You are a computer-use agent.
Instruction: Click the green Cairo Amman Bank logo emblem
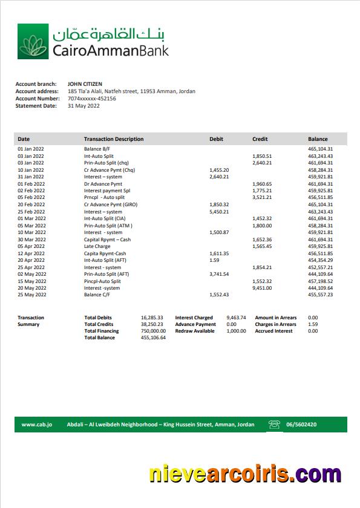click(33, 42)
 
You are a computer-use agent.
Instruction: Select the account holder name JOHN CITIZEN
click(85, 84)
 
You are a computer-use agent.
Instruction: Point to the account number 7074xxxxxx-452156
click(92, 99)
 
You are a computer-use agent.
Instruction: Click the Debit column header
click(216, 139)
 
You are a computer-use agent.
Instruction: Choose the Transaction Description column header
click(114, 139)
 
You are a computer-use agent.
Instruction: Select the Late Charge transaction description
click(97, 246)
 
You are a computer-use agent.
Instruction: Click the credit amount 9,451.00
click(262, 288)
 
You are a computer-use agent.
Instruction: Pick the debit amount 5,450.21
click(219, 212)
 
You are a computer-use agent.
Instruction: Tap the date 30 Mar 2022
click(31, 239)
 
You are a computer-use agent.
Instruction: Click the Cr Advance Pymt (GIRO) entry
click(111, 204)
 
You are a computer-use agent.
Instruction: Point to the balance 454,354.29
click(321, 260)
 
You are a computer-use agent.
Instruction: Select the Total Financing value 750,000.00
click(153, 331)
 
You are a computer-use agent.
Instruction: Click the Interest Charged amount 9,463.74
click(236, 317)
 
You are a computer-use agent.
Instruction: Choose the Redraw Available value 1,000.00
click(236, 331)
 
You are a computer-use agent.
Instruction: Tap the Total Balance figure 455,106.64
click(153, 337)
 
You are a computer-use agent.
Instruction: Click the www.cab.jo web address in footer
click(37, 425)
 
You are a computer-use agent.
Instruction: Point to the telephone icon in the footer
click(275, 425)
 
